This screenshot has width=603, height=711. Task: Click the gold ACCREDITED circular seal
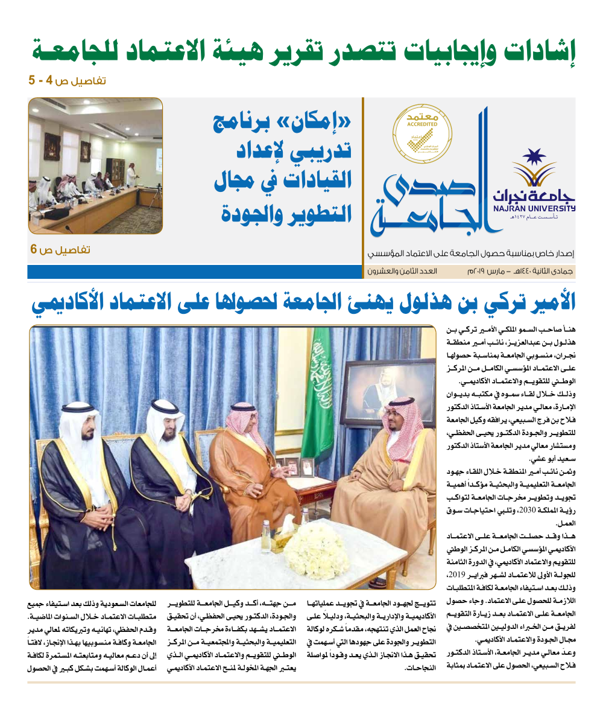click(x=422, y=135)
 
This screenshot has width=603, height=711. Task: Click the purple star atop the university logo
click(x=534, y=158)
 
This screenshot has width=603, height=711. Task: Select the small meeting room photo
click(x=95, y=165)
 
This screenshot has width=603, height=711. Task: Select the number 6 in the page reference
click(x=34, y=249)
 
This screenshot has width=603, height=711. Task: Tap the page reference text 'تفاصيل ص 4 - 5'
click(x=67, y=80)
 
